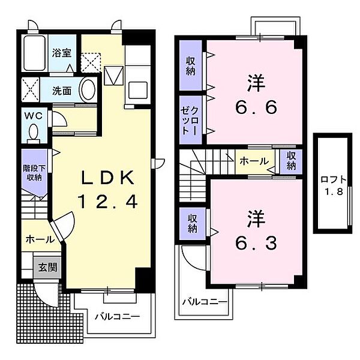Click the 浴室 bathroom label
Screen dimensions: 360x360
(x=62, y=53)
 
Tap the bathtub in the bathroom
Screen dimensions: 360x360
(x=34, y=53)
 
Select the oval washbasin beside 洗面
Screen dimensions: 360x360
(x=87, y=90)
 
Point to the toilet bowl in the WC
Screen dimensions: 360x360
(x=34, y=132)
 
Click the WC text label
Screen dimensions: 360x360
(x=34, y=116)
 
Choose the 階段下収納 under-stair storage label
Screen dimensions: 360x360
(x=34, y=173)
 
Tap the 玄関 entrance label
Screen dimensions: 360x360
(x=47, y=268)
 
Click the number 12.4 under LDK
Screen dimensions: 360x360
(x=108, y=202)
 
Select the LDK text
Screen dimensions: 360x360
(x=108, y=178)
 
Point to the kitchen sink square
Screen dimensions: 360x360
(x=138, y=90)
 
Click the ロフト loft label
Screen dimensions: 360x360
(x=334, y=179)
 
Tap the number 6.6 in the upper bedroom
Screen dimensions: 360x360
(x=256, y=107)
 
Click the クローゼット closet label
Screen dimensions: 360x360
(x=190, y=121)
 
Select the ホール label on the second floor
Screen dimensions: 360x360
(x=254, y=161)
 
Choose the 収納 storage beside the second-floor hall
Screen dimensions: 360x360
(x=291, y=161)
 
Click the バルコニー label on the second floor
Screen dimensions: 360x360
(x=205, y=302)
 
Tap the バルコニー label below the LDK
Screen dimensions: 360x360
(x=118, y=317)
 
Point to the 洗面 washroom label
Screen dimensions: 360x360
(x=62, y=91)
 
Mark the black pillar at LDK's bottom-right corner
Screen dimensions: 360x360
(x=143, y=280)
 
